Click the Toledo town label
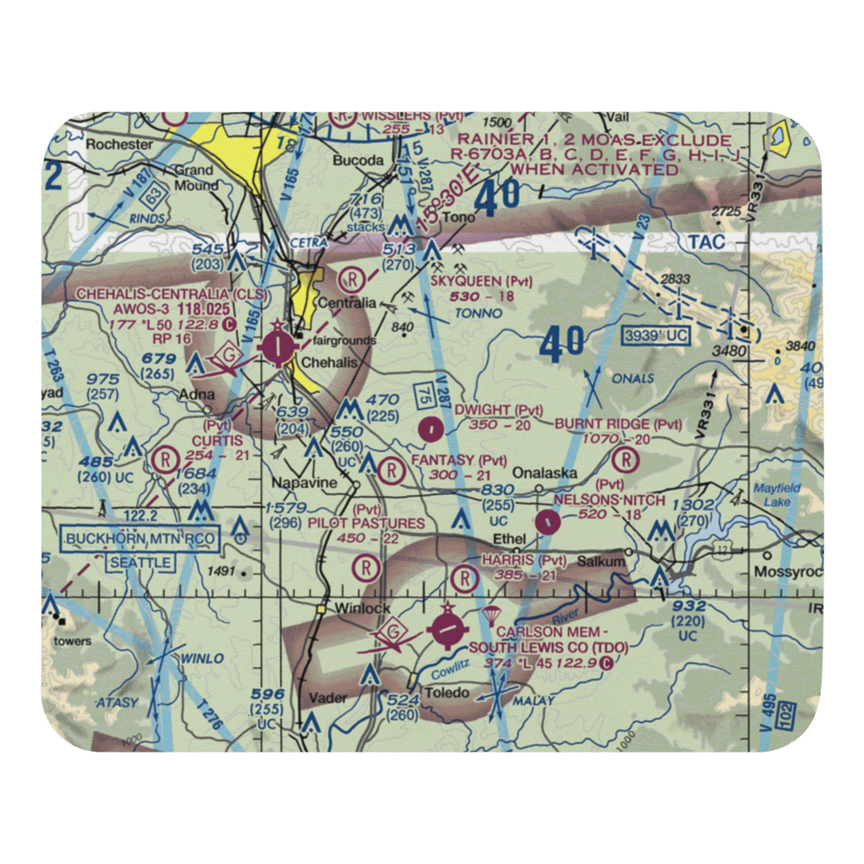(x=447, y=692)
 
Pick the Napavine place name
(x=302, y=483)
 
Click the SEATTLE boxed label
(x=139, y=562)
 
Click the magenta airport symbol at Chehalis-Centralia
(x=276, y=348)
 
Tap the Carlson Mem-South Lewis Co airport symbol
(x=447, y=632)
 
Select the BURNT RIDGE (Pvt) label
(x=618, y=423)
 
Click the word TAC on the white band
(x=708, y=243)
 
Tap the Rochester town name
(x=119, y=144)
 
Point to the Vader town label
(x=327, y=697)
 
